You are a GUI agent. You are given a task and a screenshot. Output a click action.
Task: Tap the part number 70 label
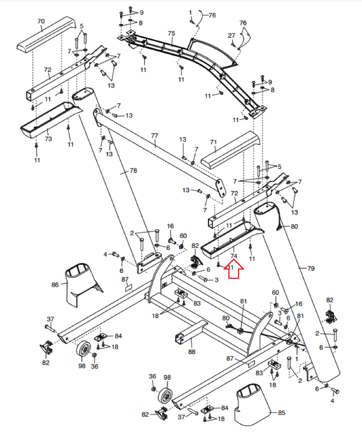point(41,21)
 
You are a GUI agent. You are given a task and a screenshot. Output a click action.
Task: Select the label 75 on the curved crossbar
point(171,33)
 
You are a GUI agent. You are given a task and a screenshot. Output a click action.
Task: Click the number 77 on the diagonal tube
point(154,135)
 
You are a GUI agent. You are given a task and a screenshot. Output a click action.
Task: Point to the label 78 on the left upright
point(133,170)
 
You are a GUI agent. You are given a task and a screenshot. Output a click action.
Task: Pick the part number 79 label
point(311,269)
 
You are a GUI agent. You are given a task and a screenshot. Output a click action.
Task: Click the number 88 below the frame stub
point(192,352)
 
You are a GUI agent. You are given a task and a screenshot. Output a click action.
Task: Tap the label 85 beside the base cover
point(282,413)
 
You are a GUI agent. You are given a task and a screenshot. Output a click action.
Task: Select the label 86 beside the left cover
point(55,285)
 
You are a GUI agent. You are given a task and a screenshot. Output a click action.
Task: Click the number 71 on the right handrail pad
point(213,142)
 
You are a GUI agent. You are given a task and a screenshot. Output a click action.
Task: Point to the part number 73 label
point(48,139)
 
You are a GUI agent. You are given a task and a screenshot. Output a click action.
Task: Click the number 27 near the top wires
point(231,36)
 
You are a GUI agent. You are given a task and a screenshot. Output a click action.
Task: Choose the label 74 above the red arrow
point(234,256)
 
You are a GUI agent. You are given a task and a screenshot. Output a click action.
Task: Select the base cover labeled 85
point(252,404)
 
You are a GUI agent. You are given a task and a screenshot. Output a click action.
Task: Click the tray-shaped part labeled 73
point(49,119)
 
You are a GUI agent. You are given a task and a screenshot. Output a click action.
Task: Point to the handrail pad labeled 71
point(230,149)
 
